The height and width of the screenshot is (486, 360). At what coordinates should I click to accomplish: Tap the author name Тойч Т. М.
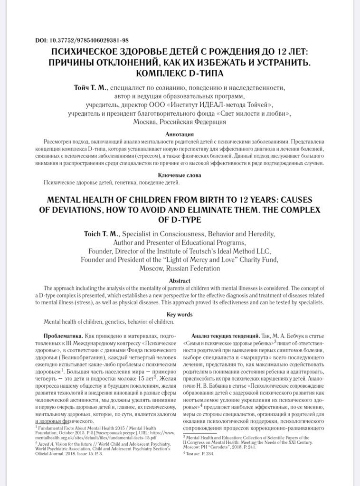click(x=91, y=88)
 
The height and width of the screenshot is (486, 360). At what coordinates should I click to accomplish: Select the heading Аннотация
click(x=180, y=134)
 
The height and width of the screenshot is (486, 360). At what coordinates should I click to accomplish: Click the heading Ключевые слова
click(x=180, y=175)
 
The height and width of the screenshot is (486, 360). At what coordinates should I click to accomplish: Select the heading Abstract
click(x=180, y=280)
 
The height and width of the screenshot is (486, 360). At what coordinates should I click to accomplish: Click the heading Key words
click(x=180, y=314)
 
